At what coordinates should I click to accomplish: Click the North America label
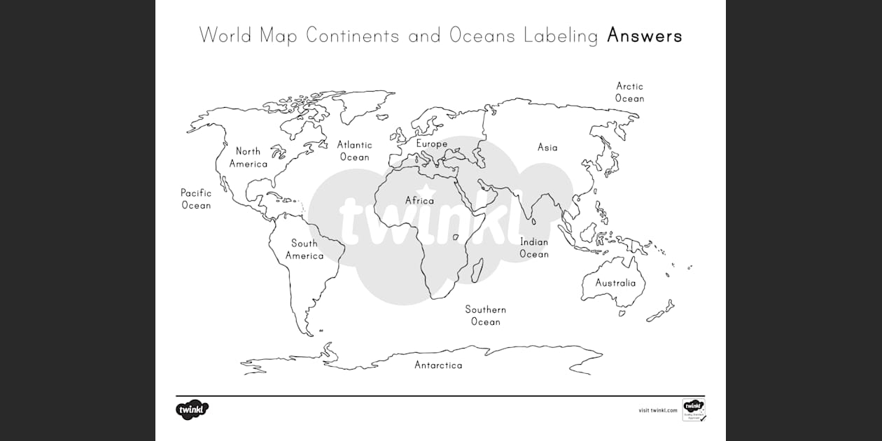pos(248,157)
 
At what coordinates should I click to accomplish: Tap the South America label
pos(304,249)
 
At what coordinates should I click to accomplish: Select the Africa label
pos(419,201)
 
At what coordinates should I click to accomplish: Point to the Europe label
pos(431,144)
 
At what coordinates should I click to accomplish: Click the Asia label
pos(547,148)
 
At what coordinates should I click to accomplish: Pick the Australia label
pos(615,283)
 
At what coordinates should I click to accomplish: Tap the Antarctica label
pos(438,365)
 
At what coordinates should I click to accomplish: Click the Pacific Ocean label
pos(196,199)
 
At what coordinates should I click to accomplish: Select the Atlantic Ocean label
pos(355,150)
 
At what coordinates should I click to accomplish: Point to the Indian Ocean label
pos(534,248)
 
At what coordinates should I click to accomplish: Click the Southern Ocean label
pos(486,316)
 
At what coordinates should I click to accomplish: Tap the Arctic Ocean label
pos(629,92)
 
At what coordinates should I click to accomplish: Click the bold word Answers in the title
pos(644,35)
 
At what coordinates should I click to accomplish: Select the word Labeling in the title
pos(561,36)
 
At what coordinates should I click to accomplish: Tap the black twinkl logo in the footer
pos(192,409)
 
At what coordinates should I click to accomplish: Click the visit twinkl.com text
pos(658,410)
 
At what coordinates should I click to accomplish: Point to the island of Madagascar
pos(477,269)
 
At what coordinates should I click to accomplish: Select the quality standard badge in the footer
pos(693,409)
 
